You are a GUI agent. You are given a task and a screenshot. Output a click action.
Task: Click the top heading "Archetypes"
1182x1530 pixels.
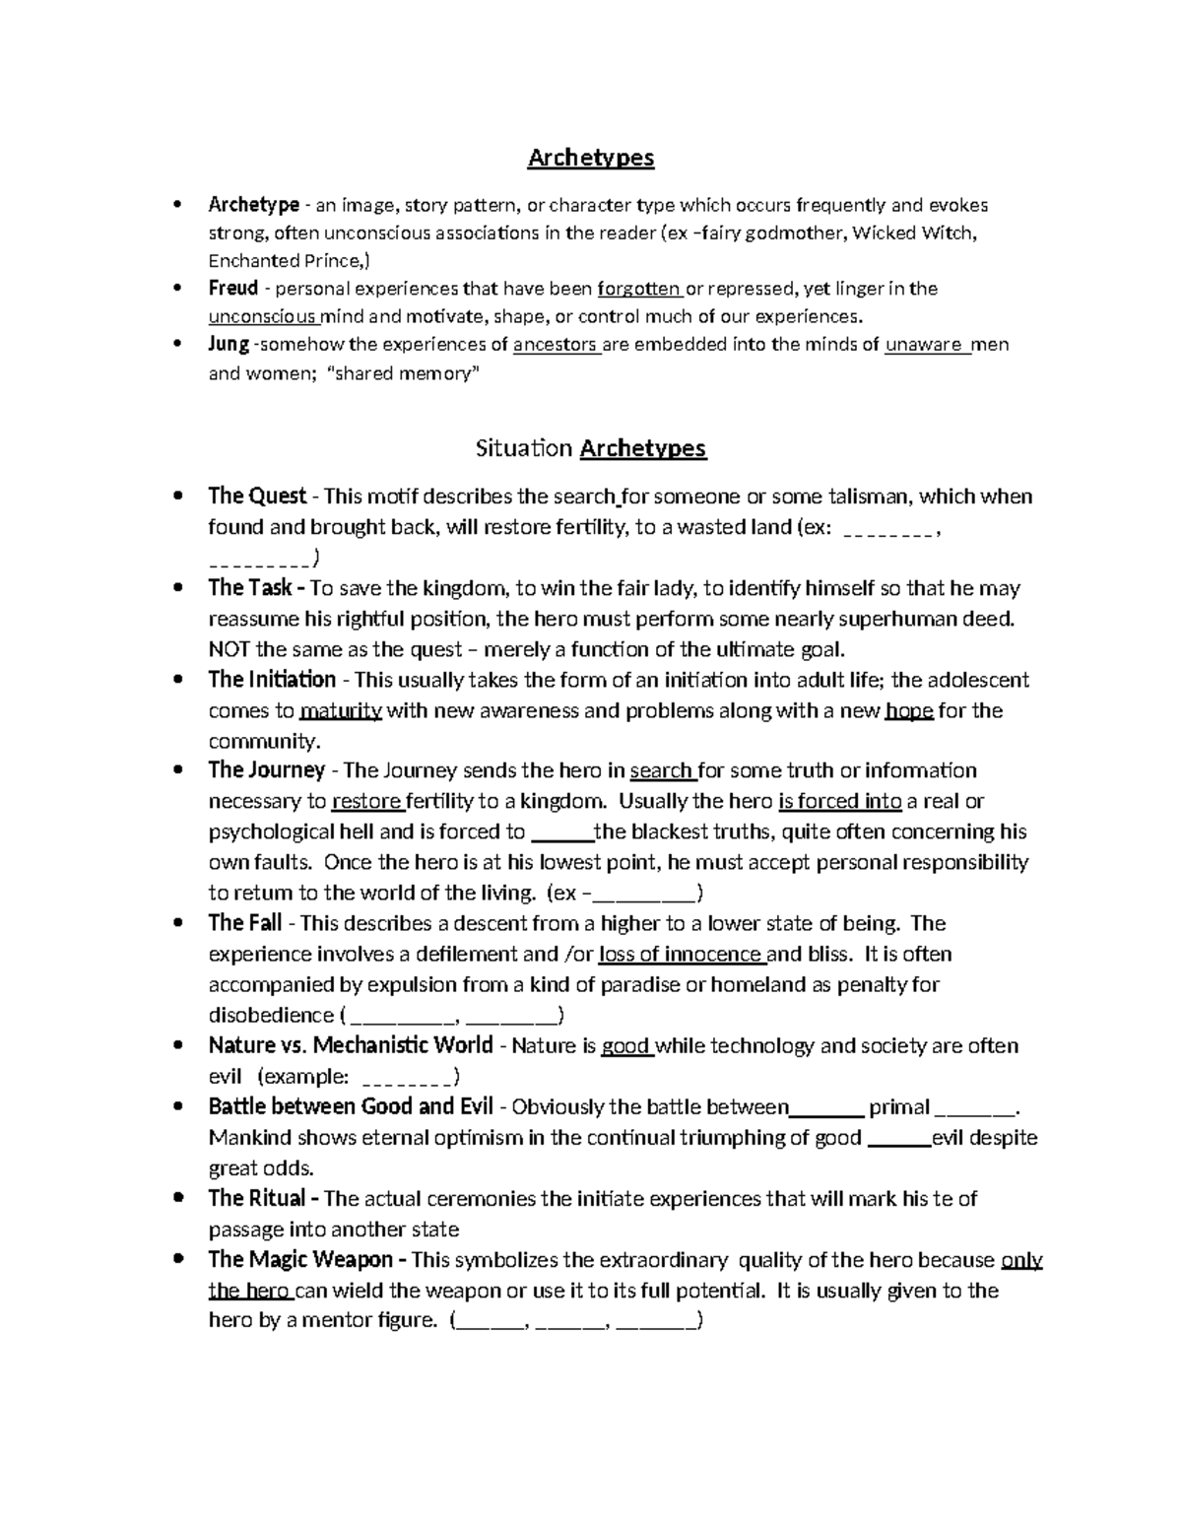pos(590,158)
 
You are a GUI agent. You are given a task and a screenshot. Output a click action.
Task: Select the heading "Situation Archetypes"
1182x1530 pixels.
pos(590,448)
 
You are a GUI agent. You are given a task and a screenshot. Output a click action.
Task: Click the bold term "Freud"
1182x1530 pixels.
pos(232,289)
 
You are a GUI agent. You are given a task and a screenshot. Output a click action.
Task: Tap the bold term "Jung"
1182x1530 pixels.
pos(229,345)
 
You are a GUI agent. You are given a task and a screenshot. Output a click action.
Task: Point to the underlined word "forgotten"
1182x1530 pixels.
pos(638,289)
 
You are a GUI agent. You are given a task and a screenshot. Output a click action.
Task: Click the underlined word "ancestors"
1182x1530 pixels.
pos(556,345)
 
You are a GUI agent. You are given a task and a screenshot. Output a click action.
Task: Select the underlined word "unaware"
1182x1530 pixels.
pos(925,345)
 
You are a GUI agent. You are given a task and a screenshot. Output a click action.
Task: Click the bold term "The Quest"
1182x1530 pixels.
pos(257,496)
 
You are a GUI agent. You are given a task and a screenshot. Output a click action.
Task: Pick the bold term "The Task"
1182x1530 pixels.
pos(250,588)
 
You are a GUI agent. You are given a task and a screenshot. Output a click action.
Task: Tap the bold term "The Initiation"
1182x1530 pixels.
pos(272,680)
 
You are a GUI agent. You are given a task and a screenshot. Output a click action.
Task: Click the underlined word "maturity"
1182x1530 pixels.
pos(340,710)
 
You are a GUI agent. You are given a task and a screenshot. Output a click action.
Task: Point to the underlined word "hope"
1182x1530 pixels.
pos(909,710)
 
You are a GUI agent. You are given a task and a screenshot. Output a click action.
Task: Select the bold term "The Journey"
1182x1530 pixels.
pos(266,770)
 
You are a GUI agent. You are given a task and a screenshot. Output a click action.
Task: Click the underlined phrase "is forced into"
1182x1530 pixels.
pos(839,801)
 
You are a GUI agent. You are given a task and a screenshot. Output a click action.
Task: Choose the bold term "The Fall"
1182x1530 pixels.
pos(244,923)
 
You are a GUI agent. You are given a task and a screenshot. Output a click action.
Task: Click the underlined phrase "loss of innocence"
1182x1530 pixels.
pos(680,954)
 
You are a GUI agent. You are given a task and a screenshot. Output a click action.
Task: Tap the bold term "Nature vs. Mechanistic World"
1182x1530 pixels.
pos(351,1045)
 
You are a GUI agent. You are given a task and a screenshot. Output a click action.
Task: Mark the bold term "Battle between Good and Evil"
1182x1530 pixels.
pos(351,1106)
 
